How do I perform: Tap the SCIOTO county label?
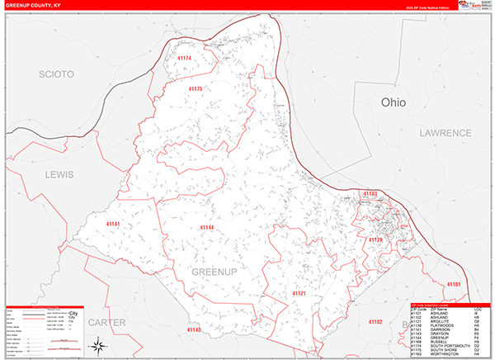point(57,74)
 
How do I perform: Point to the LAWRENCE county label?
point(444,132)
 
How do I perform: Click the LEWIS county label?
point(59,175)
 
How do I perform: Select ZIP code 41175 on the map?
point(196,88)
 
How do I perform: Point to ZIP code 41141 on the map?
point(113,224)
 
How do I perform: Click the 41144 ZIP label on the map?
point(206,227)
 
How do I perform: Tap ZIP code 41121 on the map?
point(299,293)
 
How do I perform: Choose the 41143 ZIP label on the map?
point(194,329)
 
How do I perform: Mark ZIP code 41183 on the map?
point(369,193)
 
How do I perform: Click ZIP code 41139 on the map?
point(375,239)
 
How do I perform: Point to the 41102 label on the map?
point(376,320)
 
